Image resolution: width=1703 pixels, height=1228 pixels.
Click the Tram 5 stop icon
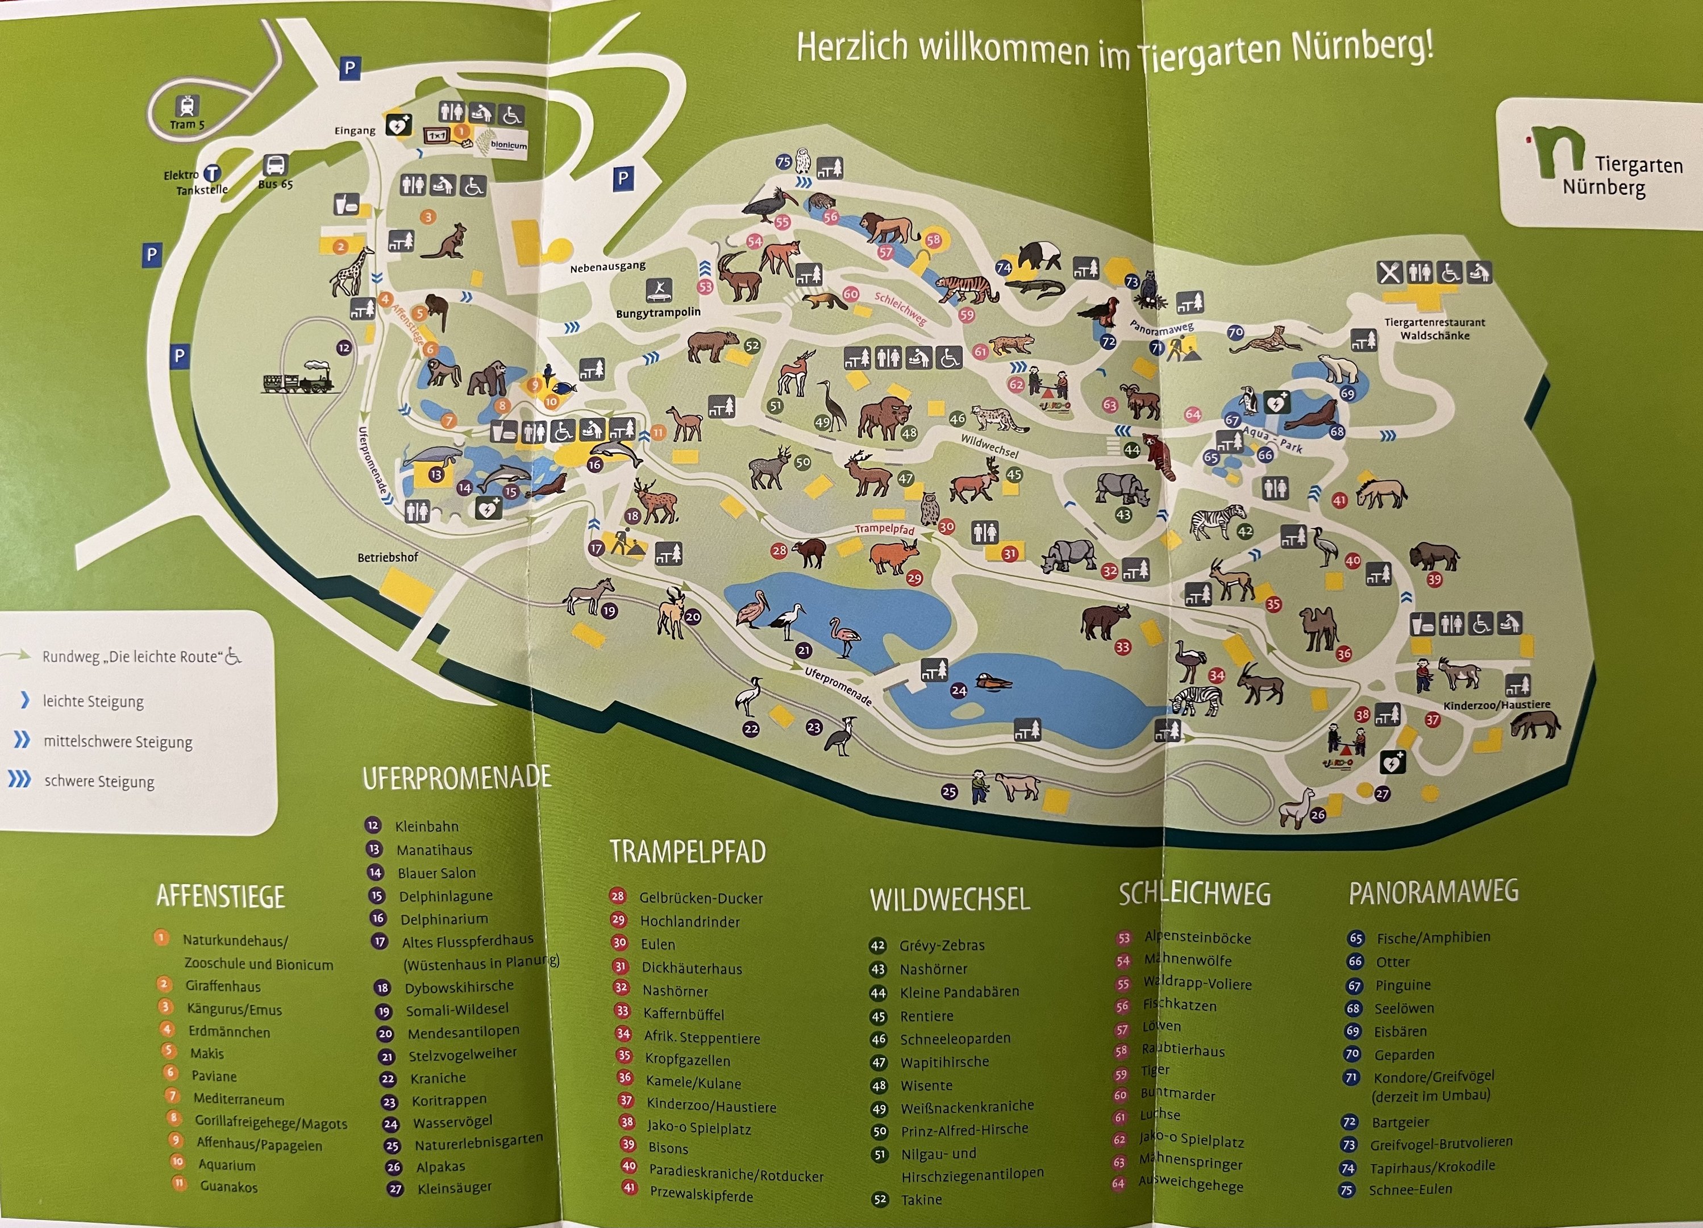click(186, 106)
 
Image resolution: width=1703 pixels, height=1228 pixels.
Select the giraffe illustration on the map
click(353, 271)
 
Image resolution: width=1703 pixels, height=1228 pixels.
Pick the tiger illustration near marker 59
click(967, 288)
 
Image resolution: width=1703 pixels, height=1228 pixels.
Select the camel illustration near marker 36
click(1318, 628)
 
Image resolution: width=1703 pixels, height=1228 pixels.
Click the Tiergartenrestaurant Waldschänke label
click(1434, 329)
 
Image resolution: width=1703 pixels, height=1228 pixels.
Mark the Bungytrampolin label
click(658, 313)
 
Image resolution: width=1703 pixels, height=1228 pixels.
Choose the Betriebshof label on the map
click(388, 557)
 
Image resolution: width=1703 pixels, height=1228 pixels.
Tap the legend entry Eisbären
click(1400, 1031)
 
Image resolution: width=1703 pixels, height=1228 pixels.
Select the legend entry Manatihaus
click(434, 849)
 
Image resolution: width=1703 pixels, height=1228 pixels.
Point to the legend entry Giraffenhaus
click(223, 986)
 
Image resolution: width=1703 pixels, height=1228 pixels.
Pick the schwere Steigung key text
click(99, 781)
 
